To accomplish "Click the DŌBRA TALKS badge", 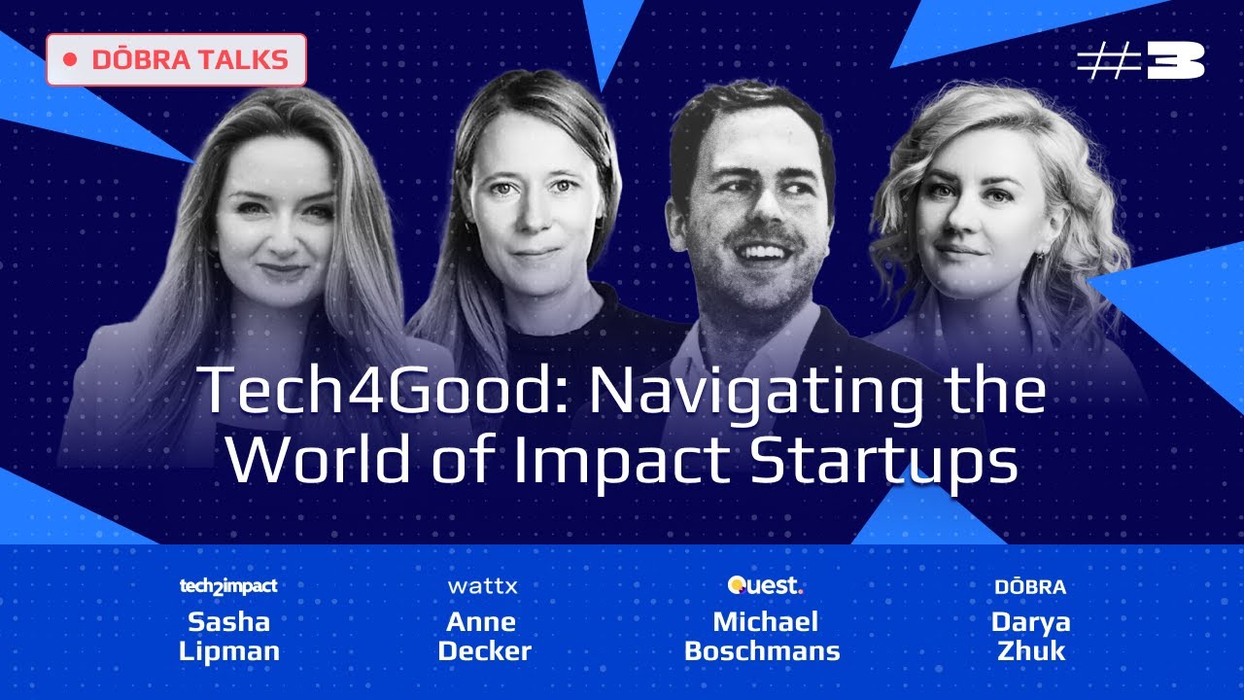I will coord(176,59).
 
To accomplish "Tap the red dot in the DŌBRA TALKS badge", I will coord(69,60).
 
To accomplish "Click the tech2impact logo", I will coord(228,586).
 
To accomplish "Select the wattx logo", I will coord(483,586).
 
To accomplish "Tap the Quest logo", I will coord(765,585).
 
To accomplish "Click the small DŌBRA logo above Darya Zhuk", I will coord(1030,587).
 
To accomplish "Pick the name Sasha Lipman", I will coord(229,636).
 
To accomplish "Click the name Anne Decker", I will coord(484,636).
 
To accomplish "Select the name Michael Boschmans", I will coord(763,636).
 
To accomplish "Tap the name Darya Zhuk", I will coord(1030,636).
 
